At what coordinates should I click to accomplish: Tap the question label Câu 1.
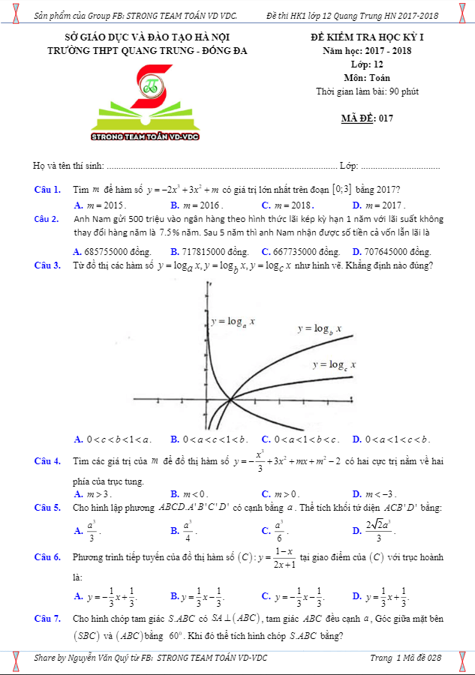click(47, 190)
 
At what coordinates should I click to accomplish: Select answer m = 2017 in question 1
click(383, 205)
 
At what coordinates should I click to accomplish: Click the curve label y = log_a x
click(233, 321)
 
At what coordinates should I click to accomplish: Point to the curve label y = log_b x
click(320, 328)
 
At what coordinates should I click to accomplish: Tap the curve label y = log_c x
click(334, 364)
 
